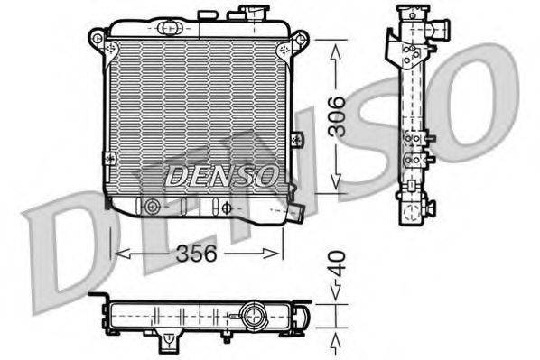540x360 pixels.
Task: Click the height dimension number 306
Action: click(x=335, y=115)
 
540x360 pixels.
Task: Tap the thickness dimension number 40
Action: click(x=334, y=264)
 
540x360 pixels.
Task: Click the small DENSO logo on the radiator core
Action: click(x=220, y=175)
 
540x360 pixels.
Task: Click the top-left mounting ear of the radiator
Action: click(x=98, y=38)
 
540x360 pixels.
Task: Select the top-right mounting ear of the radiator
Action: click(x=300, y=40)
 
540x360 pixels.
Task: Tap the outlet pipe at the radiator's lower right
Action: click(x=293, y=212)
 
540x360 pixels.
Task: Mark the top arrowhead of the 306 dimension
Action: click(x=335, y=50)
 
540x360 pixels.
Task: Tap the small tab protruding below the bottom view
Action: click(x=168, y=342)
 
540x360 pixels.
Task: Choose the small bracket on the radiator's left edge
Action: click(x=109, y=159)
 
